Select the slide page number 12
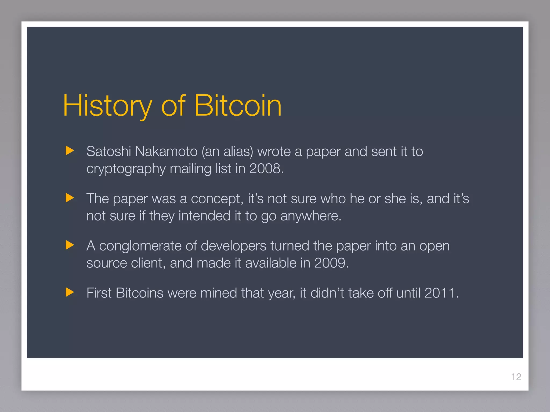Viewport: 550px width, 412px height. [x=516, y=377]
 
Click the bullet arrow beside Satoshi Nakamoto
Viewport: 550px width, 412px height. [x=70, y=151]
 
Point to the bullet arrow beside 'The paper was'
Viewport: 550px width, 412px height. [x=70, y=198]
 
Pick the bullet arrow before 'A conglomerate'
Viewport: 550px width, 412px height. [x=70, y=245]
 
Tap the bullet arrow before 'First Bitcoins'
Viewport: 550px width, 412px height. [x=70, y=292]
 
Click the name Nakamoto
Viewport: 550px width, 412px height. [x=166, y=152]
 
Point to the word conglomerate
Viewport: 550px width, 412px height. [x=140, y=246]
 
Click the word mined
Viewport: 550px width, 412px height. [x=218, y=293]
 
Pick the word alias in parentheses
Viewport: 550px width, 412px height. [x=237, y=152]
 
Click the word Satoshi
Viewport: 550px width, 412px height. [x=108, y=152]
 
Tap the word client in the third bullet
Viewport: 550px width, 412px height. [x=146, y=263]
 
